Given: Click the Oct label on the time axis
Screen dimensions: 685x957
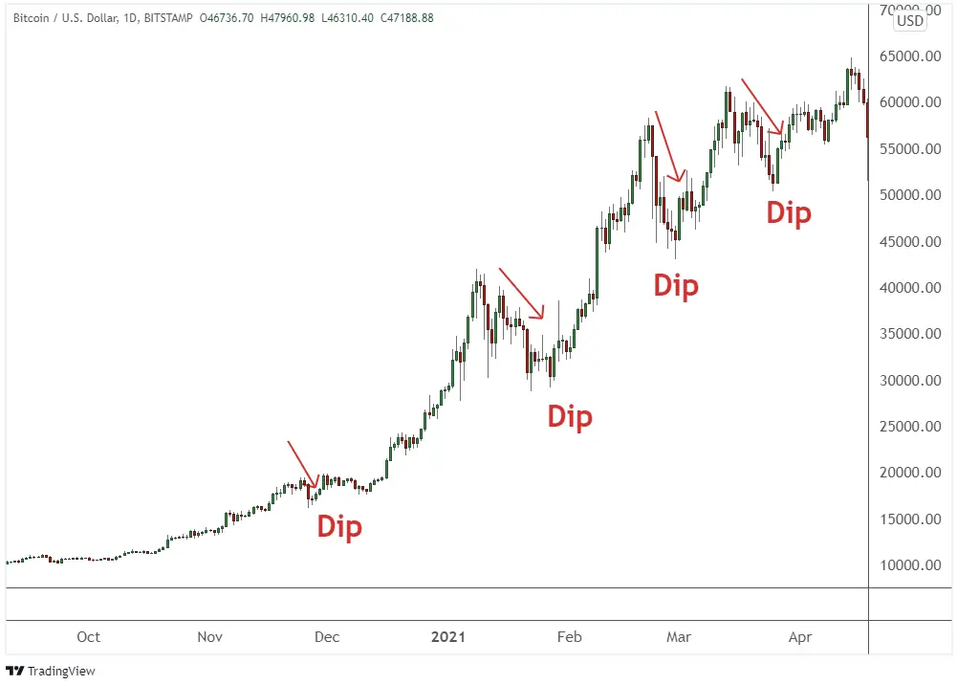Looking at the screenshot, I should click(88, 637).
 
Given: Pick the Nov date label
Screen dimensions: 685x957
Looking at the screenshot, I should click(209, 637).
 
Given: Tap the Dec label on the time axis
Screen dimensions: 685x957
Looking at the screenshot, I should click(327, 637).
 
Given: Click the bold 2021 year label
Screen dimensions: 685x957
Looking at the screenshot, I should click(447, 637).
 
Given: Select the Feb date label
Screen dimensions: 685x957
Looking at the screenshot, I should click(569, 637).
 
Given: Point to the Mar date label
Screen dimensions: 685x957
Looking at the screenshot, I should click(679, 637).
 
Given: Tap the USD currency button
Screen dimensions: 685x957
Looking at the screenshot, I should click(910, 21).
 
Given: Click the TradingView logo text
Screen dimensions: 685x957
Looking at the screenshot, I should click(61, 671).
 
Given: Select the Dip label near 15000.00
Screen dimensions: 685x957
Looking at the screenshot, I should click(339, 526).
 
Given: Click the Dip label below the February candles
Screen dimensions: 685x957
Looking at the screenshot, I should click(570, 416).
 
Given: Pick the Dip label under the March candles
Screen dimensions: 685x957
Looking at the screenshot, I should click(676, 285).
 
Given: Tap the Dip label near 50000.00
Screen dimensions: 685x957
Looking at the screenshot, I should click(789, 212).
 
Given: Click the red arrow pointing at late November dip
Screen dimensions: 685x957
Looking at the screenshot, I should click(303, 465).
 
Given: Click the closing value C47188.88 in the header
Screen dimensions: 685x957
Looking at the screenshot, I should click(401, 18).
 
